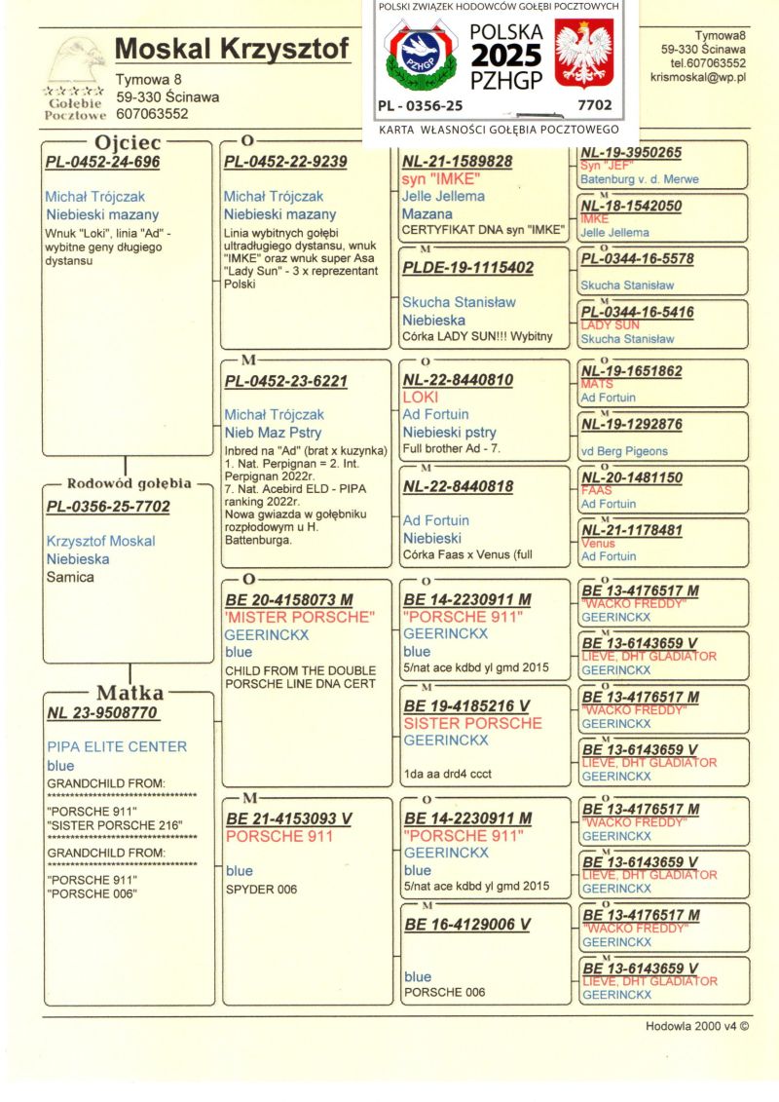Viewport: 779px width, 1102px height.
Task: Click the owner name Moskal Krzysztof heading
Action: [232, 48]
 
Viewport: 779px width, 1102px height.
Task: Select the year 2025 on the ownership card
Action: [506, 55]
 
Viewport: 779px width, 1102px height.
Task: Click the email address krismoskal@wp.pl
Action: [698, 77]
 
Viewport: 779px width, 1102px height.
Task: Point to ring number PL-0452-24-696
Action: [102, 162]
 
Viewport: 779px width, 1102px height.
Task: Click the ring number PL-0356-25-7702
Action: [108, 507]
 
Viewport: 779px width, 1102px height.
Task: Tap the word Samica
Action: [70, 577]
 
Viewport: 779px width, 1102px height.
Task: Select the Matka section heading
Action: [130, 693]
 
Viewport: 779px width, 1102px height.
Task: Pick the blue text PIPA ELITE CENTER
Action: [117, 746]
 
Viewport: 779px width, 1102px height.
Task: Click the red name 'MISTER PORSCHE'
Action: [299, 618]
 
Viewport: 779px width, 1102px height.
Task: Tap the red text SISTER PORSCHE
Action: [472, 723]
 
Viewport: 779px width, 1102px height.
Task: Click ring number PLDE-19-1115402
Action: [467, 267]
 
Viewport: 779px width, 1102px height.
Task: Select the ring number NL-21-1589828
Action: [457, 161]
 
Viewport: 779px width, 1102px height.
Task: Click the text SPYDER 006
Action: [261, 889]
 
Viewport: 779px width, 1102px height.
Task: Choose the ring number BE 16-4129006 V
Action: [466, 924]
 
